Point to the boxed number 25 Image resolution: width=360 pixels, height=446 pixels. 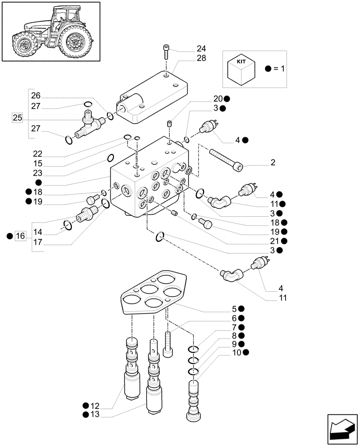(17, 118)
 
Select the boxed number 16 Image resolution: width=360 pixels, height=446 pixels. (20, 236)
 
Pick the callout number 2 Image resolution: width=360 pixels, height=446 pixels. (273, 162)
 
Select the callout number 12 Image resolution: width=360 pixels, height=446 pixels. (94, 406)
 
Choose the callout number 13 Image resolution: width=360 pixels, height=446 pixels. (94, 415)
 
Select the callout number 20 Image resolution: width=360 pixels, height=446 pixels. (218, 99)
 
